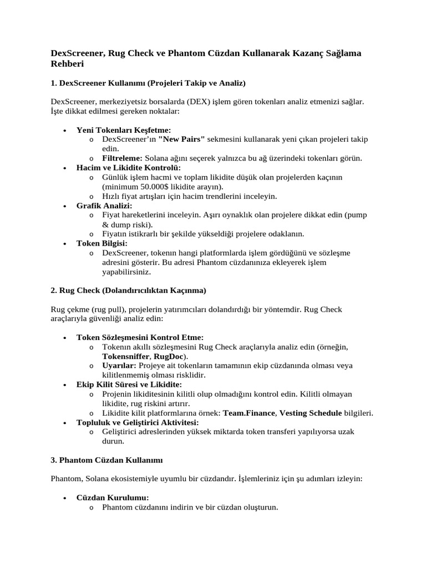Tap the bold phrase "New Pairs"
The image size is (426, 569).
coord(181,139)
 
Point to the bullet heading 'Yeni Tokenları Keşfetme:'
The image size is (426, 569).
coord(116,129)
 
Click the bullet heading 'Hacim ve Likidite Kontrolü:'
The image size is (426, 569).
coord(129,168)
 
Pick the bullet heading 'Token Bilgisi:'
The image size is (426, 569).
coord(102,243)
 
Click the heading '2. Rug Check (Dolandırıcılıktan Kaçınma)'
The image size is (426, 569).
coord(128,290)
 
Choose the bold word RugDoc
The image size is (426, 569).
coord(170,356)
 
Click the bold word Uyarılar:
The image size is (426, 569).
coord(119,366)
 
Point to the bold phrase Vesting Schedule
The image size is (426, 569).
coord(311,413)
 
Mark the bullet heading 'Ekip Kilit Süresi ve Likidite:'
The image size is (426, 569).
coord(129,385)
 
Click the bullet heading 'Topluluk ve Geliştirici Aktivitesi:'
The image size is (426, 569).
coord(138,422)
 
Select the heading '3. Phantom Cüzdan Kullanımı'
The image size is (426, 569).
coord(106,460)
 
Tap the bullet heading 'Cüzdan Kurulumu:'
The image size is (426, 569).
coord(113,498)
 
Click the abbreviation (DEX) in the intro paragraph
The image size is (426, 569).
coord(199,102)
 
